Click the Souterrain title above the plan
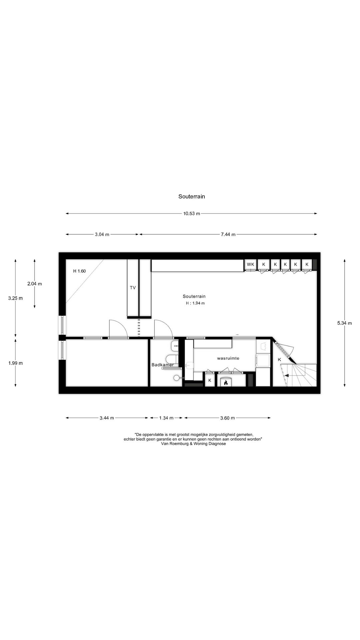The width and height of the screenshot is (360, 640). (191, 197)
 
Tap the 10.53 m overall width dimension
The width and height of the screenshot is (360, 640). (191, 214)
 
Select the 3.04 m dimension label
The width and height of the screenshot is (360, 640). (102, 234)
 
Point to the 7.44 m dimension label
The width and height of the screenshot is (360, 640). (228, 234)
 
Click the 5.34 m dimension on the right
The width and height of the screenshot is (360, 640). (344, 323)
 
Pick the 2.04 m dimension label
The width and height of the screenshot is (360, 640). (35, 284)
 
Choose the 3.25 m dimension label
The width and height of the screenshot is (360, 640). (15, 298)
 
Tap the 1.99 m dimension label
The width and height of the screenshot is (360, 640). (15, 363)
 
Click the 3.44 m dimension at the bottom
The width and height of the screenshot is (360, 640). (107, 418)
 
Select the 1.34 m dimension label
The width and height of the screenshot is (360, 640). (166, 418)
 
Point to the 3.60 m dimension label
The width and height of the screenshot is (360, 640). (227, 418)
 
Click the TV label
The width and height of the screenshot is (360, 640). (133, 288)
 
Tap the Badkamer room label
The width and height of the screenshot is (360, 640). (162, 365)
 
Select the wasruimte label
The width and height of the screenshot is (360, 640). (228, 358)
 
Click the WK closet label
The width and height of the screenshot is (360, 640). (250, 264)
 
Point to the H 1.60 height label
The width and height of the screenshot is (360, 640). (79, 271)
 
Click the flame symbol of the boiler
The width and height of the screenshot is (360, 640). (226, 383)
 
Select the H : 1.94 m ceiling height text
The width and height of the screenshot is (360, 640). (195, 303)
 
